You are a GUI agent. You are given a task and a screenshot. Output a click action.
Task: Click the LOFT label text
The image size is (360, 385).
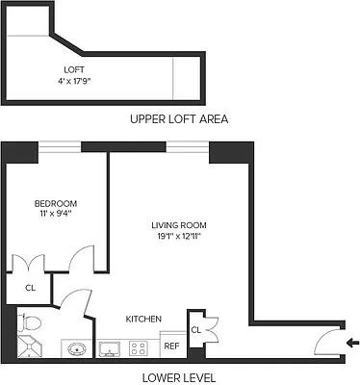pyautogui.click(x=75, y=69)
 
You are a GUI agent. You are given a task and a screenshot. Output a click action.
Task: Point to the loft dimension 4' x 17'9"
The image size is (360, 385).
pyautogui.click(x=75, y=81)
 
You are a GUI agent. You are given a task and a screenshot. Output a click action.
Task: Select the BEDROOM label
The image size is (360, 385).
pyautogui.click(x=56, y=203)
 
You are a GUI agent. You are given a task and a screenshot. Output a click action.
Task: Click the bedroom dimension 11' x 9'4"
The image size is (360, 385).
pyautogui.click(x=56, y=215)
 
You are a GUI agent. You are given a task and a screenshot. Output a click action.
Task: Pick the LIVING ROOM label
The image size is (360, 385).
pyautogui.click(x=179, y=225)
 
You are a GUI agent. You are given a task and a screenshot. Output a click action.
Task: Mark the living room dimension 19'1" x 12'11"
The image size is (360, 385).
pyautogui.click(x=179, y=237)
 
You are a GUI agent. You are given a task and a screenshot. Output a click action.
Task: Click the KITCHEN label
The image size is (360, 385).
pyautogui.click(x=142, y=319)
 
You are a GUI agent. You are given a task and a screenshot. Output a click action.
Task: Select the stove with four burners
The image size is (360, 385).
pyautogui.click(x=141, y=347)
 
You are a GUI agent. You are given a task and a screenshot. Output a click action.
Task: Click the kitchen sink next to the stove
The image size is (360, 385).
pyautogui.click(x=110, y=347)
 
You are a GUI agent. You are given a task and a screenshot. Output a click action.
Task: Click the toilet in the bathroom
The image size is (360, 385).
pyautogui.click(x=28, y=323)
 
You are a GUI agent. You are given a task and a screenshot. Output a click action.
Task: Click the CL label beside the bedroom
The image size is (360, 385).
pyautogui.click(x=29, y=287)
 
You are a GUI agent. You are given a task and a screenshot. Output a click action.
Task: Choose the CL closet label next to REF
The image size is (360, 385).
pyautogui.click(x=195, y=330)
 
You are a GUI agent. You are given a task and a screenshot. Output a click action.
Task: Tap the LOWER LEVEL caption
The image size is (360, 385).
pyautogui.click(x=178, y=376)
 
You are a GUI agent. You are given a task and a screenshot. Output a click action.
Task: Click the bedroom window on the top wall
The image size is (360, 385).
pyautogui.click(x=60, y=146)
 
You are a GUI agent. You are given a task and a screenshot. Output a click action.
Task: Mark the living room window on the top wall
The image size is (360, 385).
pyautogui.click(x=188, y=146)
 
